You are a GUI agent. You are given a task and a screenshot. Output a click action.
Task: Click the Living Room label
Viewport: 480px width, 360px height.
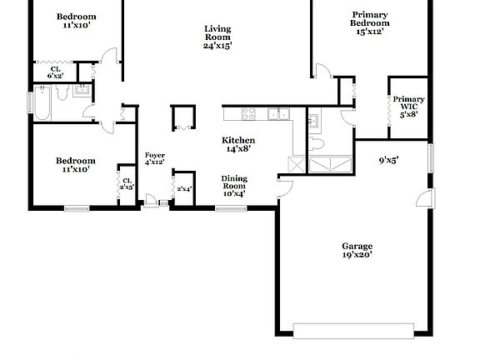(217, 37)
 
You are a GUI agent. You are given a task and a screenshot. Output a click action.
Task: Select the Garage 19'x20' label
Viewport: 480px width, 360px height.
(357, 251)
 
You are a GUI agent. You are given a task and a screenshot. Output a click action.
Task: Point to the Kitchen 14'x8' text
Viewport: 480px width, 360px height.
(237, 145)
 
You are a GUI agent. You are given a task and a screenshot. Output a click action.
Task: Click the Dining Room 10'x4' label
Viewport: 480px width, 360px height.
(233, 184)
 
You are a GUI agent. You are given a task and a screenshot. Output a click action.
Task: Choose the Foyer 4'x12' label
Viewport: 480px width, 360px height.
(154, 158)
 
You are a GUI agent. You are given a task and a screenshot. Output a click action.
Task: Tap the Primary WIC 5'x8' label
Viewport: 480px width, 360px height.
(408, 106)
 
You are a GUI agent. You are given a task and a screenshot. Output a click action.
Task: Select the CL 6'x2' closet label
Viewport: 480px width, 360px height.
(55, 72)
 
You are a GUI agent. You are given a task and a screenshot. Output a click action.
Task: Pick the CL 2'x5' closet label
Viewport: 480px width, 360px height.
(127, 183)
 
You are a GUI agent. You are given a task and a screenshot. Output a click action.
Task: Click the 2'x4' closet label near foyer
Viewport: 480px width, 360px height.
(183, 189)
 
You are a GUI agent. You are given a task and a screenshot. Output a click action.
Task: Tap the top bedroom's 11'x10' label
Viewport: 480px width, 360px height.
(76, 21)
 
